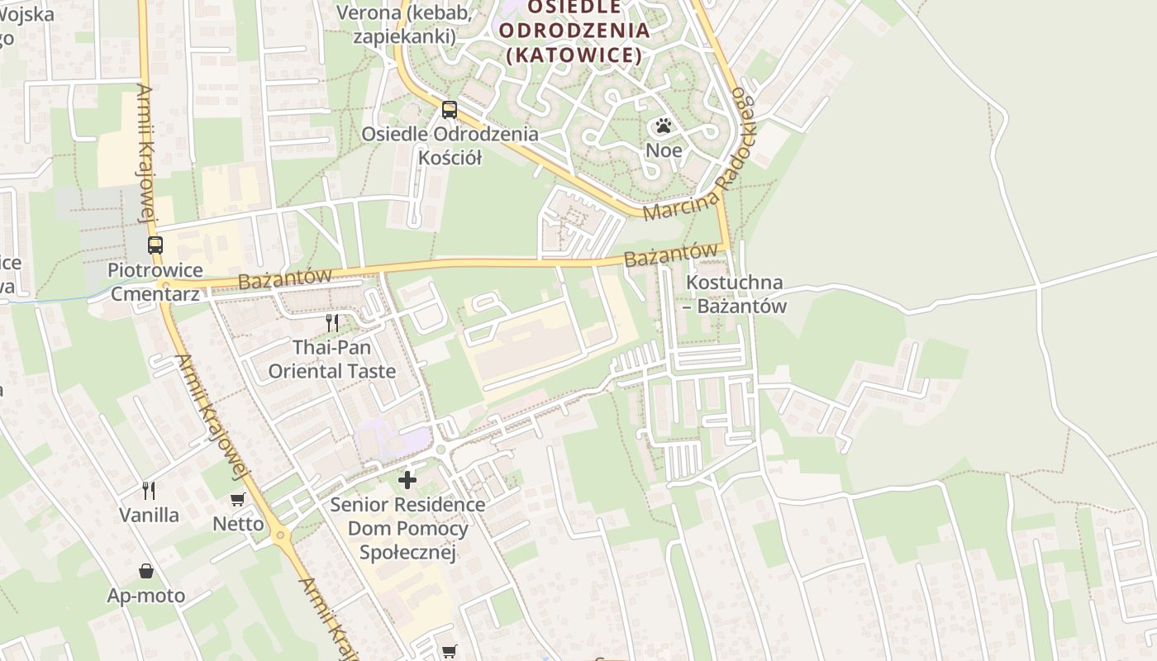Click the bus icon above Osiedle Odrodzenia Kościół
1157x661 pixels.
tap(450, 109)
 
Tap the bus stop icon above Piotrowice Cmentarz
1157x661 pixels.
tap(155, 245)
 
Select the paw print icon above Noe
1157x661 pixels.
tap(664, 126)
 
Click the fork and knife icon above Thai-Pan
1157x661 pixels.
tap(332, 322)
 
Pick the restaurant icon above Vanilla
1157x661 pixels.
tap(149, 491)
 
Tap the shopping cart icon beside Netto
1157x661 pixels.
tap(238, 499)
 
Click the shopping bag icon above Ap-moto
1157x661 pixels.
tap(146, 571)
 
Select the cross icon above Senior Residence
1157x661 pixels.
tap(407, 479)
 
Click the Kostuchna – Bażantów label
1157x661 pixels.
tap(735, 294)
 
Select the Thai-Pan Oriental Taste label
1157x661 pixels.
tap(332, 359)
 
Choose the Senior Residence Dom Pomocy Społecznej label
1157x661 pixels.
tap(407, 528)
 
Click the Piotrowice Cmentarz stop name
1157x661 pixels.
tap(155, 282)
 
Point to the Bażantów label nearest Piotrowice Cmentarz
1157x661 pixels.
tap(284, 278)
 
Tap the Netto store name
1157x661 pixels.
tap(238, 524)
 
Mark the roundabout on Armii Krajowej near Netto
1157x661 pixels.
tap(282, 535)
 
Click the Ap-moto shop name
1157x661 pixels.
tap(146, 596)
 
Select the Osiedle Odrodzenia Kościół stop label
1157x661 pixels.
tap(450, 145)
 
